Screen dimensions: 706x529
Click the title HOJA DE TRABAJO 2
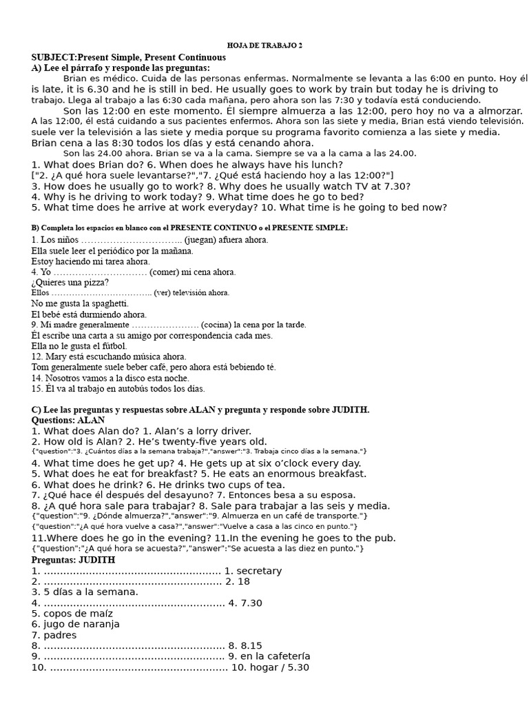[264, 46]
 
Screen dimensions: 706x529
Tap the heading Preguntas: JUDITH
[73, 560]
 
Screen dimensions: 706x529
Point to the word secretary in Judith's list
[259, 571]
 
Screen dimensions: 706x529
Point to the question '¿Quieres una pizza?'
[70, 282]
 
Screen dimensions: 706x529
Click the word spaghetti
[109, 303]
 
